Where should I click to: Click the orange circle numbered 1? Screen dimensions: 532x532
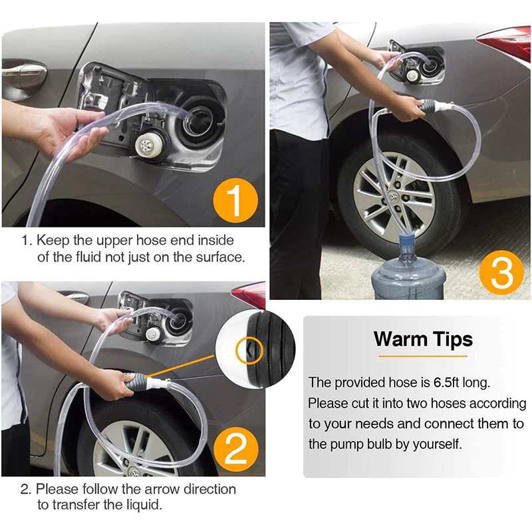point(235,201)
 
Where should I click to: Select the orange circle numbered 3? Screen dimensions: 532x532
point(502,273)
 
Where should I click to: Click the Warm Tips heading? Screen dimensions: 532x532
point(423,339)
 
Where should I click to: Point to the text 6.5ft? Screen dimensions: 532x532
point(446,382)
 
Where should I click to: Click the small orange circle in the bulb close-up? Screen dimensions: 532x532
point(250,351)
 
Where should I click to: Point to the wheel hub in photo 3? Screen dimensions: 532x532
point(396,198)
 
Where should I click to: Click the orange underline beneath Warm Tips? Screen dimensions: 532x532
point(423,356)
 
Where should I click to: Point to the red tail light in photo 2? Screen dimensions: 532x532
point(249,295)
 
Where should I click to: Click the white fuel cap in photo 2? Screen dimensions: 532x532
point(153,334)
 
